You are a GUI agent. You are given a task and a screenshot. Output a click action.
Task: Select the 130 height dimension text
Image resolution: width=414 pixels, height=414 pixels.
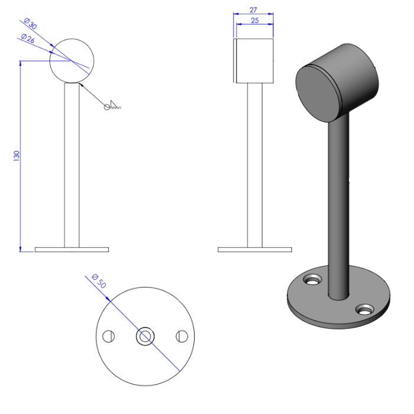coord(17,156)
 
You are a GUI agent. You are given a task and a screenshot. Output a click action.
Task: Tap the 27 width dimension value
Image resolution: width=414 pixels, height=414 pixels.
coord(254,10)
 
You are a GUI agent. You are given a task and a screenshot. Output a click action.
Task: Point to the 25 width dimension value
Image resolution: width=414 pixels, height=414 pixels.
coord(254,21)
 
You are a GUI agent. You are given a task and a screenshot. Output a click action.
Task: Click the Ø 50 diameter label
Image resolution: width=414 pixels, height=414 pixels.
coord(99,282)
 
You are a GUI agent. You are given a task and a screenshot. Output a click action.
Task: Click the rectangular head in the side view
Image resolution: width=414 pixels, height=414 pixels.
coord(254,60)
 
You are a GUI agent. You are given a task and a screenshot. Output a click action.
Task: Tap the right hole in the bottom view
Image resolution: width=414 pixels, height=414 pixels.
coord(182,337)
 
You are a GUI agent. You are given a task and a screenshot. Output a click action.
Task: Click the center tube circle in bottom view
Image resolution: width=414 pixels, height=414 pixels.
coord(144,337)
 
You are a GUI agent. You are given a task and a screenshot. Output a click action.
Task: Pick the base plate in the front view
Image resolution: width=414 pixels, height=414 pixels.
coord(72,250)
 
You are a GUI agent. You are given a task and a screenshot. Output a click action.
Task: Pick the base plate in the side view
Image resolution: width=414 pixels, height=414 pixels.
coord(254,250)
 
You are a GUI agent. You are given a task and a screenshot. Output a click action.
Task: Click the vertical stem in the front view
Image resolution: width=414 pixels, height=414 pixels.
coord(72,166)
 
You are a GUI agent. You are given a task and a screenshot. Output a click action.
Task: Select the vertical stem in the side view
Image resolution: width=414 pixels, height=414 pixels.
coord(254,166)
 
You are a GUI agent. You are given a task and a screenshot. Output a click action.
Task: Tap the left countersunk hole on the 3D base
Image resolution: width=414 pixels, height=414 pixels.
coord(311,277)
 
